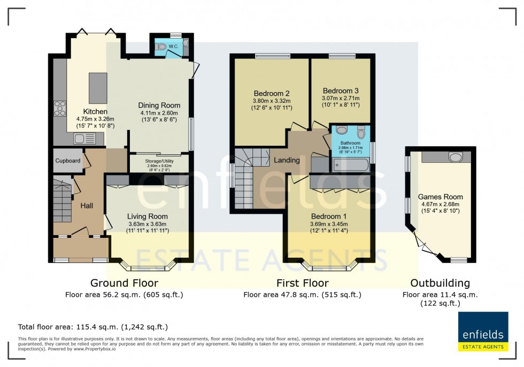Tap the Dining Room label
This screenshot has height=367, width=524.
pos(159,105)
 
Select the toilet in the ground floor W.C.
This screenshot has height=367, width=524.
pos(162,47)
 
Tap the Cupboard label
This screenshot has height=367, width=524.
pos(68,161)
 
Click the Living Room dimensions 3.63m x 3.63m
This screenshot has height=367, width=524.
pos(147,224)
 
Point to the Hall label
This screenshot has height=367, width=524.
pos(87,205)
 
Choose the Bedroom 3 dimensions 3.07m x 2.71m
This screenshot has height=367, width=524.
pos(341,98)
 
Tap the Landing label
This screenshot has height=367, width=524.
pos(287,160)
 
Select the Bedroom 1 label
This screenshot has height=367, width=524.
pos(329,216)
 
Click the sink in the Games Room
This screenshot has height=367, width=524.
pos(455,157)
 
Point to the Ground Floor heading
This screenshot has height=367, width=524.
pos(124,283)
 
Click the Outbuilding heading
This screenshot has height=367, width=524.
pos(440,283)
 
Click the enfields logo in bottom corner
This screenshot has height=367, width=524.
pos(483,332)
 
